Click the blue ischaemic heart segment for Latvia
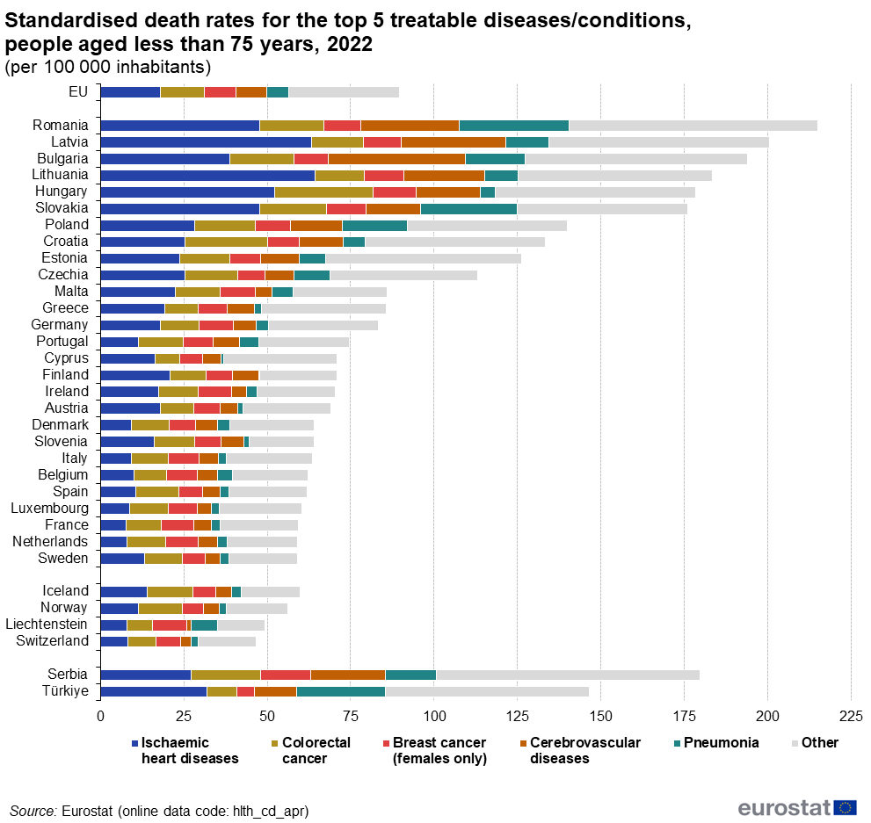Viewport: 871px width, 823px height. coord(205,141)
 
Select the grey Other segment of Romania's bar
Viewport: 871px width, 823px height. coord(693,125)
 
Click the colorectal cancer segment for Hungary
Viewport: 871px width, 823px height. coord(323,191)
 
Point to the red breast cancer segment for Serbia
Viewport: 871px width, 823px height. coord(285,675)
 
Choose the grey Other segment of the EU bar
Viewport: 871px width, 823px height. coord(344,91)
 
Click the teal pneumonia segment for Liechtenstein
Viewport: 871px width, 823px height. coord(204,624)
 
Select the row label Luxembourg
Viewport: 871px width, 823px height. coord(49,509)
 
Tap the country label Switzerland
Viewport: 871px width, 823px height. coord(52,641)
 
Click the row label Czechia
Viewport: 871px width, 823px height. coord(64,275)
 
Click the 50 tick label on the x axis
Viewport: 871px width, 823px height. coord(267,715)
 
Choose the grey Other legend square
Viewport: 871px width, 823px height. coord(795,743)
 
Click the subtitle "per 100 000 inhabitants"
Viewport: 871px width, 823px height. coord(108,67)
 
